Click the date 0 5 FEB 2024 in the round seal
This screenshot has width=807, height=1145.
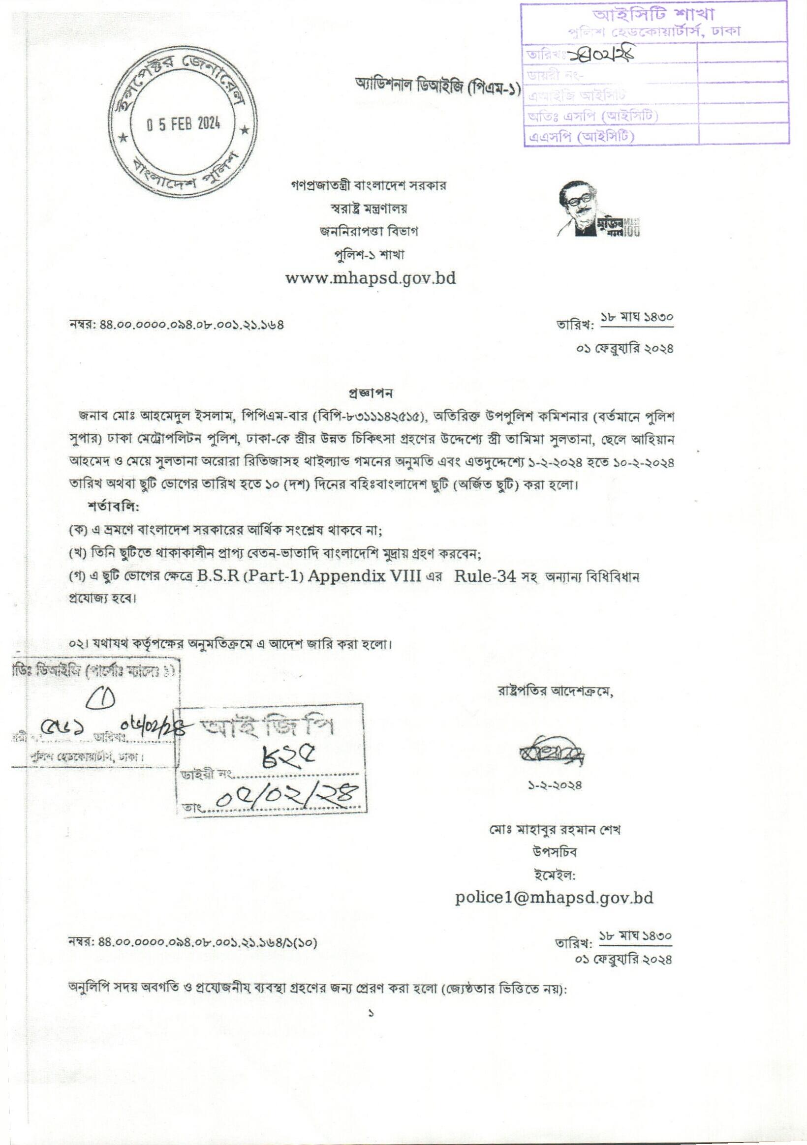183,123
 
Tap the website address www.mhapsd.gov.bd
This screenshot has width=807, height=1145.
371,278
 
